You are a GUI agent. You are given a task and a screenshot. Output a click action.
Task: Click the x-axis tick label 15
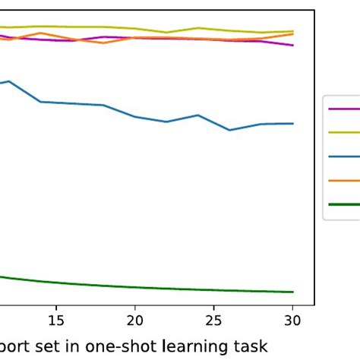point(55,320)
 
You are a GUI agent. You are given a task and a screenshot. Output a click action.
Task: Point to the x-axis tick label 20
point(134,320)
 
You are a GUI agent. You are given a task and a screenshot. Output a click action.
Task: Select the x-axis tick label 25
point(214,320)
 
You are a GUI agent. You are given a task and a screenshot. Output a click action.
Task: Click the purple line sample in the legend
point(343,109)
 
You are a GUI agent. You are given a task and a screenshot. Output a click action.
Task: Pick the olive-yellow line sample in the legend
point(343,132)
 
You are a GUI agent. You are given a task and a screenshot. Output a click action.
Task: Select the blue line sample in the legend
point(343,156)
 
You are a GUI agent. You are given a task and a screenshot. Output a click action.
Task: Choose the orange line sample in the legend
point(343,180)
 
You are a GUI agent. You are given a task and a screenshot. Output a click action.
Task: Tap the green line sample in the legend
point(343,204)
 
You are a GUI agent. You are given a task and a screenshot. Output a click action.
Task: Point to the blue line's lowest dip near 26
point(229,130)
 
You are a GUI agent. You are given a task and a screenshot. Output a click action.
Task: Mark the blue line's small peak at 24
point(198,115)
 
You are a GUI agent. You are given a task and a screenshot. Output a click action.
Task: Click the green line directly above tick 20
point(134,287)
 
